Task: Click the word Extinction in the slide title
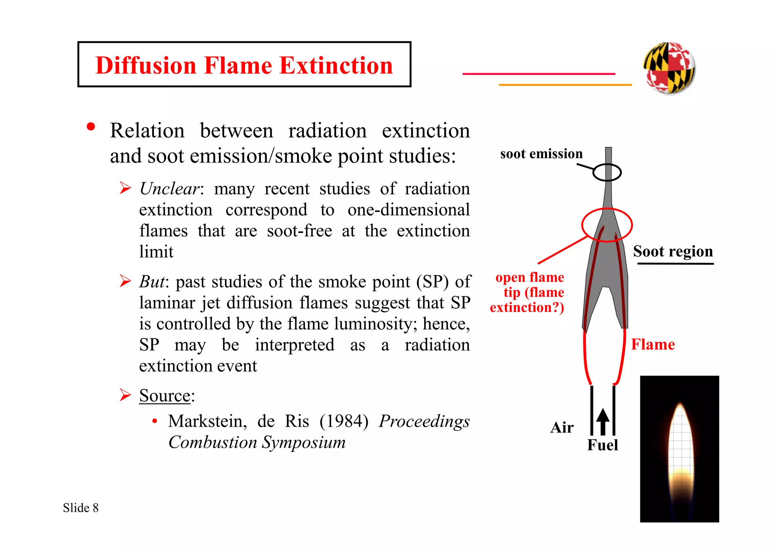point(336,65)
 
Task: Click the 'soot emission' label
point(541,154)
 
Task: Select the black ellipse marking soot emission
point(607,173)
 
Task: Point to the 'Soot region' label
point(673,252)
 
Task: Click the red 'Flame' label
point(653,345)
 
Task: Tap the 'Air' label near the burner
point(562,428)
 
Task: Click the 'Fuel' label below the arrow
point(602,445)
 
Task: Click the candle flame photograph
point(679,449)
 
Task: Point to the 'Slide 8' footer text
point(81,508)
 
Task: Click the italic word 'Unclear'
point(169,189)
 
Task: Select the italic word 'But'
point(152,282)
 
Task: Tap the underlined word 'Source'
point(165,396)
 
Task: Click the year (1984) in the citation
point(344,422)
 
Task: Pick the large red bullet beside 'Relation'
point(91,127)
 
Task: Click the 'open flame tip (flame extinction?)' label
point(527,292)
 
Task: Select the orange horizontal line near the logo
point(565,85)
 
